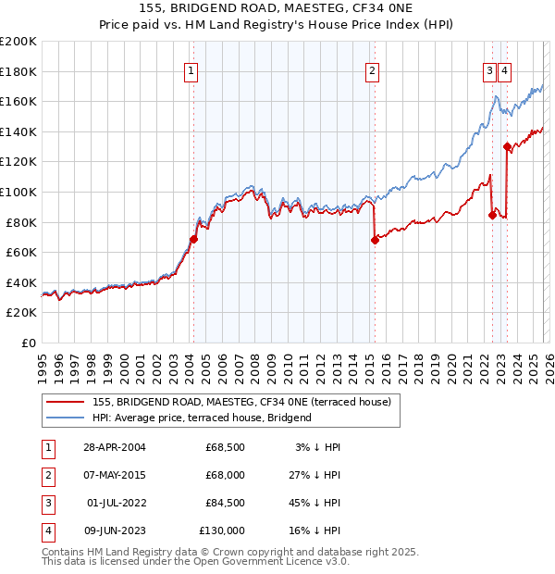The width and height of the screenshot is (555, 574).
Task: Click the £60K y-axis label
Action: pyautogui.click(x=21, y=252)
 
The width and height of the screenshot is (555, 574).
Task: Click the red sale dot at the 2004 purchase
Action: pyautogui.click(x=193, y=239)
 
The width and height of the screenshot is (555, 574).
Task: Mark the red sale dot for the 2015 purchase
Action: pyautogui.click(x=375, y=240)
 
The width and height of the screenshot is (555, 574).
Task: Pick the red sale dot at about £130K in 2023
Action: pyautogui.click(x=507, y=146)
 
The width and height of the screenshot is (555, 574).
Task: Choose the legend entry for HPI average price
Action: pyautogui.click(x=202, y=418)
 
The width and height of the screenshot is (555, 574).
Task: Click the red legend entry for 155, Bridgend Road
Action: pyautogui.click(x=242, y=402)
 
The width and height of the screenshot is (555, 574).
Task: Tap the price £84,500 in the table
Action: pyautogui.click(x=226, y=503)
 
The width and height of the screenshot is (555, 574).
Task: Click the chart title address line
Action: pyautogui.click(x=277, y=9)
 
